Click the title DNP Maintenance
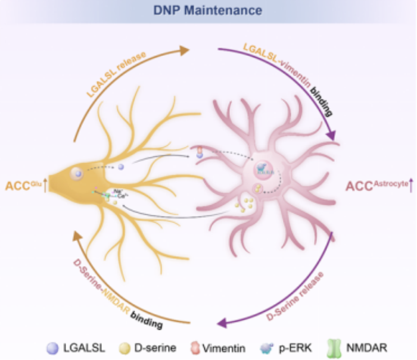tap(208, 10)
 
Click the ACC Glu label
tap(25, 185)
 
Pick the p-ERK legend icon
tap(265, 348)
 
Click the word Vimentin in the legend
tap(225, 348)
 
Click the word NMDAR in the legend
tap(364, 348)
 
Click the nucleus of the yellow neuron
tap(77, 174)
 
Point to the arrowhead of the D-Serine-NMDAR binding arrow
tap(77, 236)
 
